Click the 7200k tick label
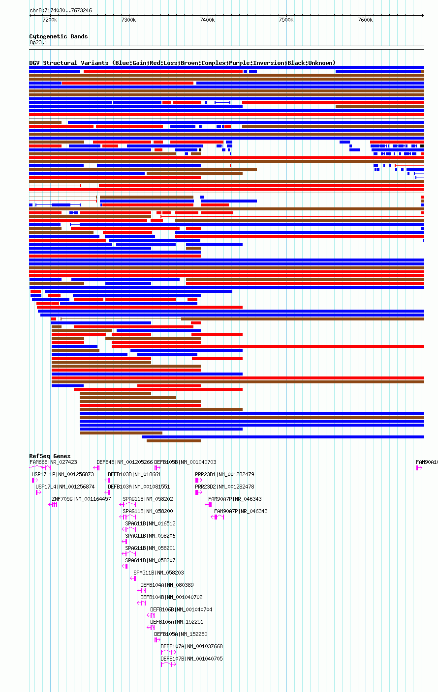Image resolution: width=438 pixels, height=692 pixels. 50,20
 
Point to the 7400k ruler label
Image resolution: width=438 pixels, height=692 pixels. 207,20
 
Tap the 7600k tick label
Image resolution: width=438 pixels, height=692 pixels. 365,20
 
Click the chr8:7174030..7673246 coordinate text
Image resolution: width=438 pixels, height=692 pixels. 61,10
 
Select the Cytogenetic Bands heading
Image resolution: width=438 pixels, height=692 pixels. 58,36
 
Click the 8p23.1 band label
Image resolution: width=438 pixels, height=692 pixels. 38,42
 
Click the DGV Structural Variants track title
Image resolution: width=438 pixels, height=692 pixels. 182,63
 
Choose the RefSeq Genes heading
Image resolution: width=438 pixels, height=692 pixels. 50,456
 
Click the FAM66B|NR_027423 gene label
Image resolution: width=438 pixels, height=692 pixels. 53,462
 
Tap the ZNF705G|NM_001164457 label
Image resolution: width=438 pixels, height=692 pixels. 81,499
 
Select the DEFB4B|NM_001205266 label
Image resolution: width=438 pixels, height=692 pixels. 125,462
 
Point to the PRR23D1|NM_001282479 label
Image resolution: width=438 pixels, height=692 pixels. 224,474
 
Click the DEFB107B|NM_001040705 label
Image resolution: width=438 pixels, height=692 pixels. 191,659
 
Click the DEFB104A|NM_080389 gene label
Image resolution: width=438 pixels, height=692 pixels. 167,585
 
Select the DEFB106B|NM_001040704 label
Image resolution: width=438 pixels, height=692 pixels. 181,609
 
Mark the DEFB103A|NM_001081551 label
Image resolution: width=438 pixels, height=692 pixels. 139,487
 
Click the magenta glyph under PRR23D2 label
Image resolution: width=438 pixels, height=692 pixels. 198,492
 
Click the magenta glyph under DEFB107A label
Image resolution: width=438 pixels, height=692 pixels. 168,652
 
